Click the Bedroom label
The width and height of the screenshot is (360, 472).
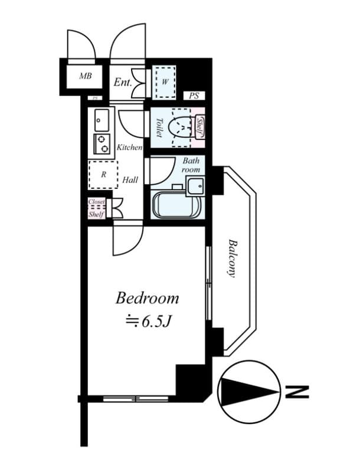tap(147, 299)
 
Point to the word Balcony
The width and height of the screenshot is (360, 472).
tap(232, 258)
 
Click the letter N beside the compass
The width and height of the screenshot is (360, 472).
tap(297, 391)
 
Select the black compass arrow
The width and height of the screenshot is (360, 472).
tap(250, 392)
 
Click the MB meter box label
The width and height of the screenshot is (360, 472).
tap(86, 76)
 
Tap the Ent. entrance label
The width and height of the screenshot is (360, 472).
tap(123, 82)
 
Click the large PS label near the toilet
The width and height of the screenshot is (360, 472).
tap(194, 96)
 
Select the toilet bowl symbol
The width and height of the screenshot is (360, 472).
tap(179, 127)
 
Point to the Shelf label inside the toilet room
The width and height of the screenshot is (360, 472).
tap(200, 126)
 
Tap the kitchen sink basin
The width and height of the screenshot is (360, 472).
tap(102, 120)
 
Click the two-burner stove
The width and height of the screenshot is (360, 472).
tap(102, 144)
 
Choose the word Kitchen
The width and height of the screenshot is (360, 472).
tap(129, 147)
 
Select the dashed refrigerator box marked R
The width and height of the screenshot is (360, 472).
tap(103, 175)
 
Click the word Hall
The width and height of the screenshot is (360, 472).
tap(130, 180)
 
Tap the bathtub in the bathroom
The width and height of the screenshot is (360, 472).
tap(176, 205)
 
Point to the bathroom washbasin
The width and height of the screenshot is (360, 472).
tap(195, 186)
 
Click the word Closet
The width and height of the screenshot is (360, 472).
tap(97, 202)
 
